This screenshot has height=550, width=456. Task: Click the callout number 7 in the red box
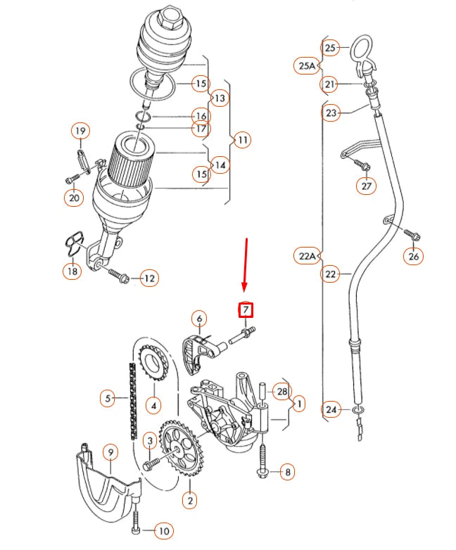point(246,310)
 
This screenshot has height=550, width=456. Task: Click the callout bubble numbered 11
point(242,141)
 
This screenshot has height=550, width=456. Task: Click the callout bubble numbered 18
point(72,271)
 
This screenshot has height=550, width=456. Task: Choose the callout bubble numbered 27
point(367,186)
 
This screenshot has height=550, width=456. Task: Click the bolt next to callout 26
point(410,234)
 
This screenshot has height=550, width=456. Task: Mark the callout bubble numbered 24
point(331,409)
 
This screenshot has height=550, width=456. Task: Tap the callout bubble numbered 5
point(108,399)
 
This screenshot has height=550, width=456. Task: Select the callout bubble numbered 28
point(282,391)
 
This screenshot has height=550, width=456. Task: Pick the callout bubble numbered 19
point(80,131)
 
